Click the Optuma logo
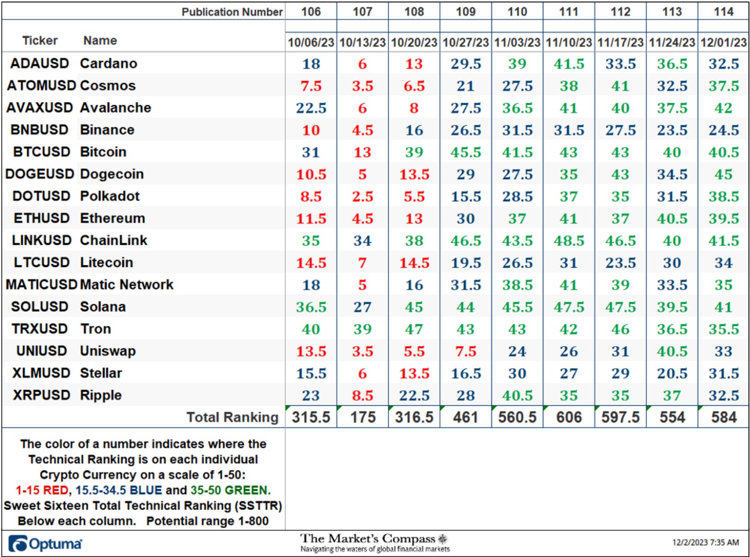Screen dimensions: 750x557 [x=45, y=544]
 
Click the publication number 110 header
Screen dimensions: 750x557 [x=517, y=12]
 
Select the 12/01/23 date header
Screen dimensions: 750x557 [x=723, y=42]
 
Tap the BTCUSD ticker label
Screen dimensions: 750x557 [x=41, y=152]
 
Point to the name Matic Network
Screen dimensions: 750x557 [x=126, y=284]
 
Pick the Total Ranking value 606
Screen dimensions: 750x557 [x=569, y=417]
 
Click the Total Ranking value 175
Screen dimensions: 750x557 [x=362, y=417]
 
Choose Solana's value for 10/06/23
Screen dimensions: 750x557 [x=311, y=307]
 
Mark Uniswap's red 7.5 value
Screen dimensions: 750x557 [x=466, y=351]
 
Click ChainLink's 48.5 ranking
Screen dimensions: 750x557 [x=569, y=241]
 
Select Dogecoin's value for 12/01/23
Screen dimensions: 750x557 [x=723, y=174]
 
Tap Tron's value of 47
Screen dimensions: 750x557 [x=414, y=329]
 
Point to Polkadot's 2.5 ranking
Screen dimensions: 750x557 [x=362, y=197]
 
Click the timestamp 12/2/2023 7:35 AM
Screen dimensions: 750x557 [x=705, y=543]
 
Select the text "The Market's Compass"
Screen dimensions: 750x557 [x=367, y=539]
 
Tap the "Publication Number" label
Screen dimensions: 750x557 [x=232, y=12]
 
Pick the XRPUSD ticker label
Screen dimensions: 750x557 [x=41, y=395]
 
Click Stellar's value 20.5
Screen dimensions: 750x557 [x=672, y=373]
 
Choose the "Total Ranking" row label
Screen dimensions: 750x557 [x=232, y=417]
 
